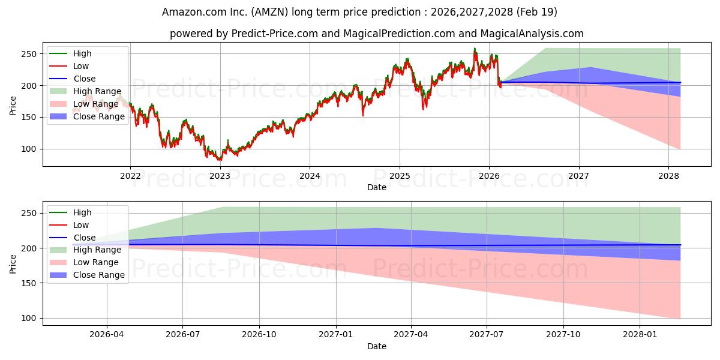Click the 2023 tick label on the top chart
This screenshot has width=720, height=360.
click(220, 176)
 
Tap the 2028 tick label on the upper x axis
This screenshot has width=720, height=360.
click(668, 176)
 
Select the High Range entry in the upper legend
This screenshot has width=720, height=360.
click(97, 91)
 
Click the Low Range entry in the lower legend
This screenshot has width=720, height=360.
click(96, 262)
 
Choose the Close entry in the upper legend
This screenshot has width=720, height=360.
click(84, 79)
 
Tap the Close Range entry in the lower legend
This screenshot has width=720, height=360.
click(99, 275)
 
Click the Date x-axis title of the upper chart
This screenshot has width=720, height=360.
click(376, 187)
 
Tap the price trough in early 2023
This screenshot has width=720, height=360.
click(220, 160)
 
